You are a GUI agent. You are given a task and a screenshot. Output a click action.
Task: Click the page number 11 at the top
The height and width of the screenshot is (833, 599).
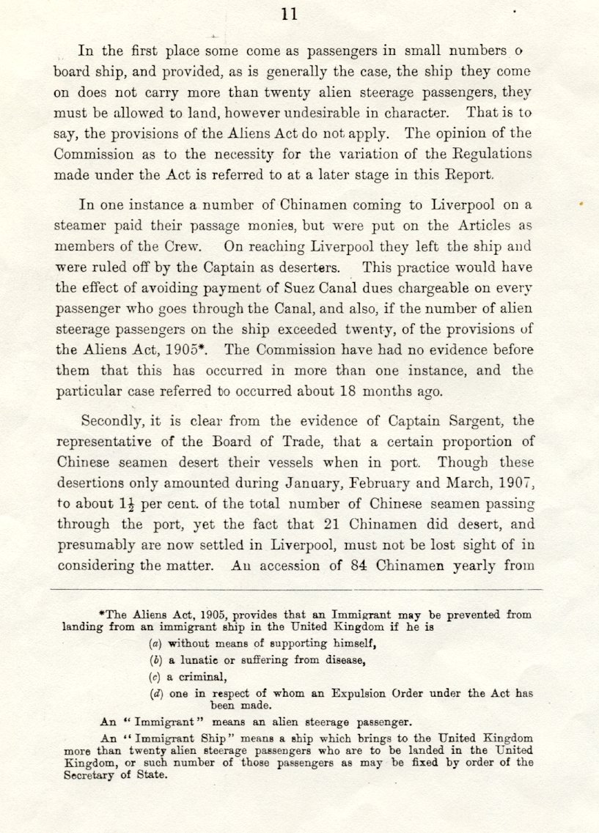click(x=289, y=13)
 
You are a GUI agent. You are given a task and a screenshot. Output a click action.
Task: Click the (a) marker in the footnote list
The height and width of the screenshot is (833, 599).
click(x=155, y=644)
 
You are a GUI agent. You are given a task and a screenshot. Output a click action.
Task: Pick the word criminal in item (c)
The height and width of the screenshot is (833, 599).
click(x=211, y=676)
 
